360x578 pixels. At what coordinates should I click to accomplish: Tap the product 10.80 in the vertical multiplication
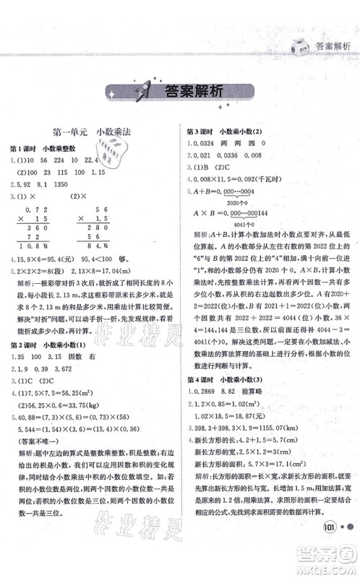coord(61,244)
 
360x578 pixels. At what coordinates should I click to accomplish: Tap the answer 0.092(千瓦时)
coord(260,187)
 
